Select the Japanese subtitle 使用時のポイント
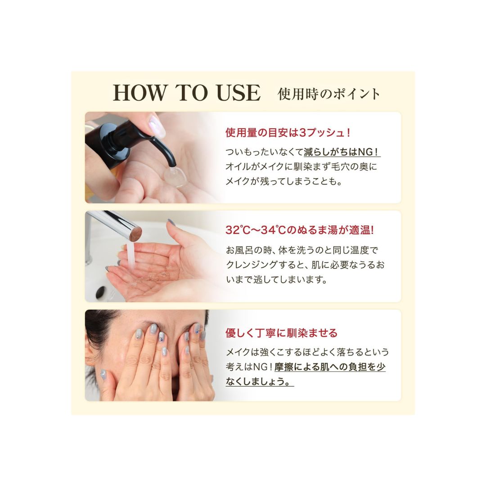pyautogui.click(x=328, y=94)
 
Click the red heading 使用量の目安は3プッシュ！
pyautogui.click(x=288, y=133)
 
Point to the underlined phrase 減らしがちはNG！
pyautogui.click(x=342, y=152)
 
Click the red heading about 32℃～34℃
pyautogui.click(x=300, y=230)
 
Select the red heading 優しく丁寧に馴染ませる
pyautogui.click(x=281, y=333)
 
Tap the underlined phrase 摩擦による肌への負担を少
pyautogui.click(x=330, y=367)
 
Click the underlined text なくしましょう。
pyautogui.click(x=260, y=381)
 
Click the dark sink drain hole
pyautogui.click(x=100, y=292)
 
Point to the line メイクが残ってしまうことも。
pyautogui.click(x=283, y=181)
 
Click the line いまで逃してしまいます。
pyautogui.click(x=276, y=279)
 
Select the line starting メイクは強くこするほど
pyautogui.click(x=307, y=352)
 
